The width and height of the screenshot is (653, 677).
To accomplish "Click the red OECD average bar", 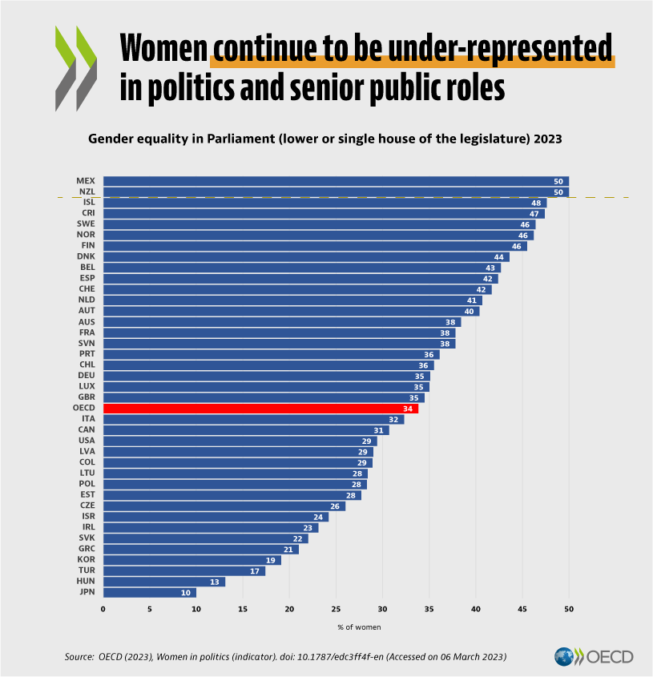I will coord(260,409).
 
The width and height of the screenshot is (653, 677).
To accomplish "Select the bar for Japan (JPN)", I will coord(149,593).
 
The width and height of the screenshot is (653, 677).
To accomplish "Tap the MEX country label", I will coord(86,181).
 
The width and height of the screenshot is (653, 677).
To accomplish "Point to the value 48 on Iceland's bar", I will coord(536,204).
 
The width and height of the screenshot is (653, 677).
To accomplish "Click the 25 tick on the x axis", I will coord(336,609).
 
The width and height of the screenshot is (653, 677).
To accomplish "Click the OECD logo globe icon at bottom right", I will coord(568,657).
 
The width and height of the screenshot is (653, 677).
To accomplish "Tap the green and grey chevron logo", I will coord(75,67).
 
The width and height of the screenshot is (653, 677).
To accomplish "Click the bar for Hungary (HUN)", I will coord(163,582).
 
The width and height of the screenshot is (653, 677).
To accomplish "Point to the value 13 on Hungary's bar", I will coord(214,582).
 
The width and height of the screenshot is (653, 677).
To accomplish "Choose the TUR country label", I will coord(86,570).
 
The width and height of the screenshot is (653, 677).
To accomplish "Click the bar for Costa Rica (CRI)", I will coord(324,214).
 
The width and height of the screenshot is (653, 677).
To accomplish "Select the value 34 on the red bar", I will coord(407,409).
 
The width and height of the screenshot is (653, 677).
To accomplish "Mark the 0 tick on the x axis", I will coord(103,609).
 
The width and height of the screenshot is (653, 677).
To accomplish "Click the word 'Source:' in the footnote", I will coord(79,657).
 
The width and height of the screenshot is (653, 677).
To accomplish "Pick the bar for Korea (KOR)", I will coord(191,560).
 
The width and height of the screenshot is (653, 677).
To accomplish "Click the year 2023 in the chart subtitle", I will coord(545,139).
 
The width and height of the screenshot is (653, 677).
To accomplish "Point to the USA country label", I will coord(86,441).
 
